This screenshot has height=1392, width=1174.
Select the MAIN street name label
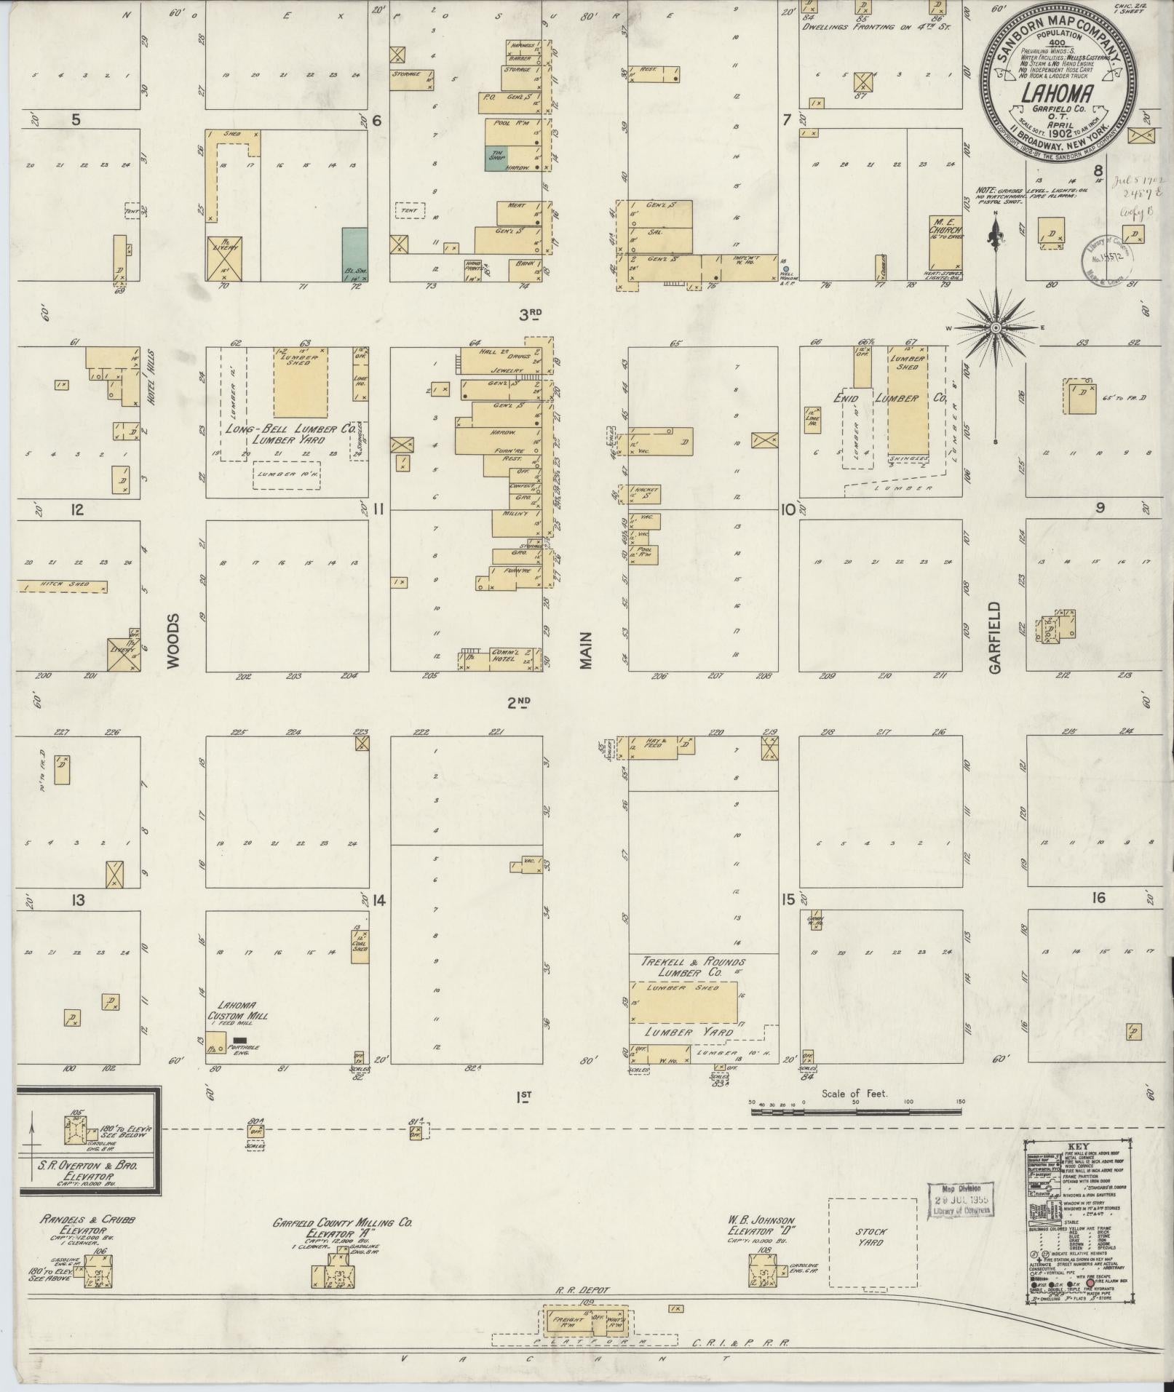point(587,650)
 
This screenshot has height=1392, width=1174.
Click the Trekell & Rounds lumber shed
point(683,1003)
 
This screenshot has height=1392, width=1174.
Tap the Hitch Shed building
point(63,586)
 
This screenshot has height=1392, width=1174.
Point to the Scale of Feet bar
point(856,1132)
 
